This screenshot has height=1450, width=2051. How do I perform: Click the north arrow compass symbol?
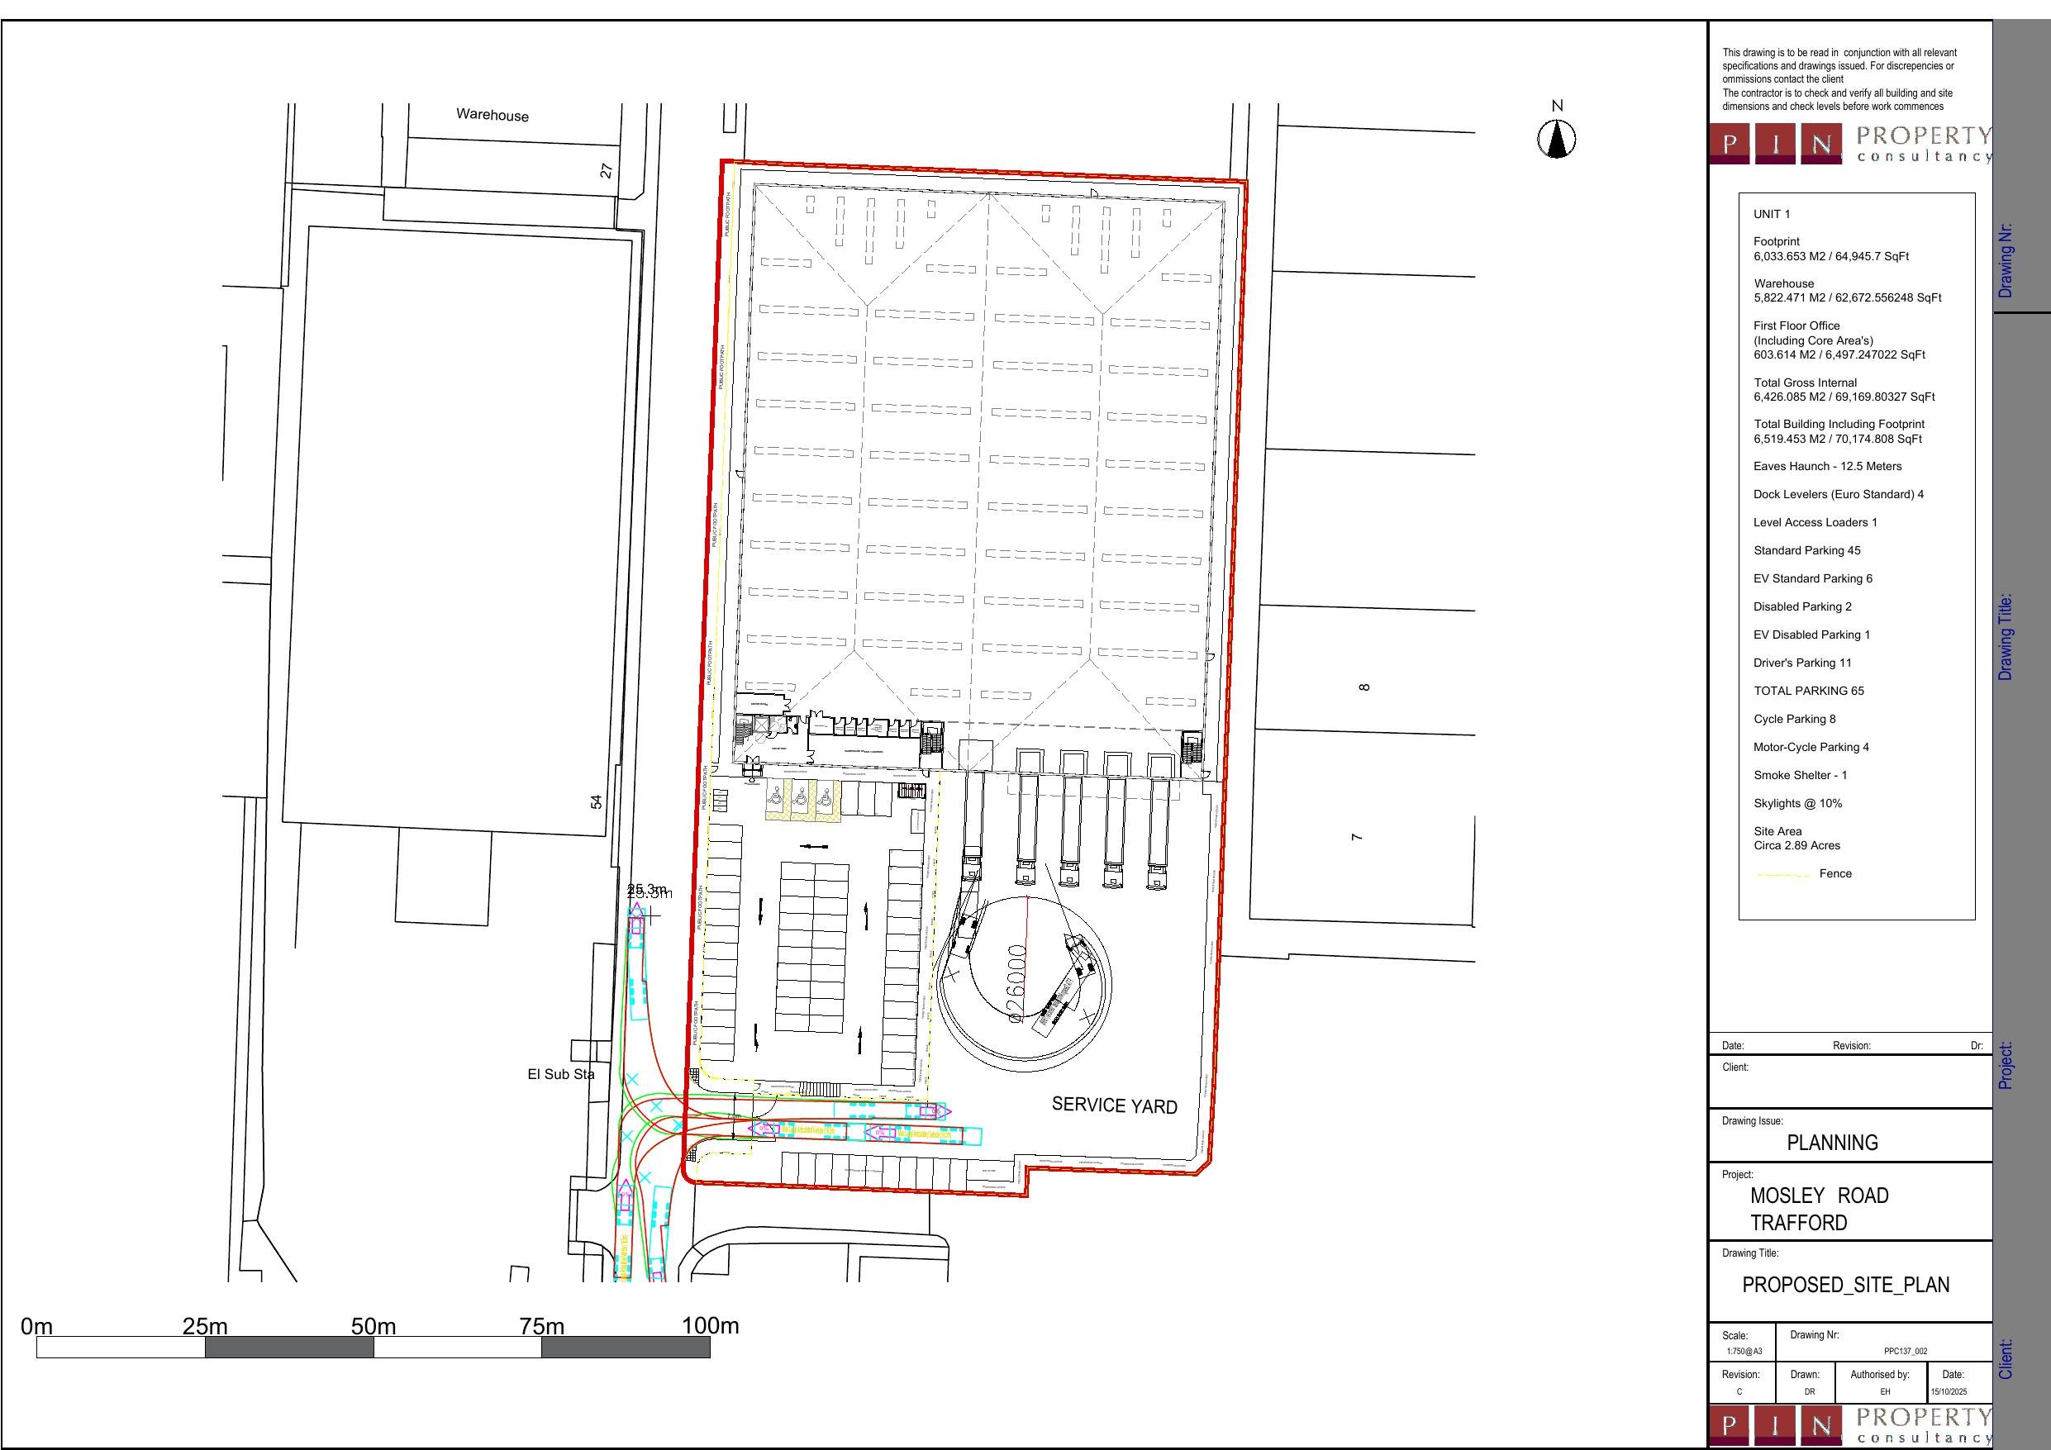1556,139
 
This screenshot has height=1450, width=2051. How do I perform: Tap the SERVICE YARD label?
1114,1105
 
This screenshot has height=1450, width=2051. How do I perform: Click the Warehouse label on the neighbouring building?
493,114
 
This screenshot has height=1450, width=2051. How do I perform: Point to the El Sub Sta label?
560,1074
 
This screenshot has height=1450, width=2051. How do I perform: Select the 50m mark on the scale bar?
374,1327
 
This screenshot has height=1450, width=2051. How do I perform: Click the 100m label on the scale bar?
710,1326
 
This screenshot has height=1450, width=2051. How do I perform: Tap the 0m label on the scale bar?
36,1327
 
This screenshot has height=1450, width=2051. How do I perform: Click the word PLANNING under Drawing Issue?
1832,1143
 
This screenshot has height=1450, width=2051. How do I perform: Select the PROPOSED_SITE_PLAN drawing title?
1845,1285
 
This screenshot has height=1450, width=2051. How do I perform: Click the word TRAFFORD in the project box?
1798,1223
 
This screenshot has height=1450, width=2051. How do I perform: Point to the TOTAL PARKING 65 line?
1808,691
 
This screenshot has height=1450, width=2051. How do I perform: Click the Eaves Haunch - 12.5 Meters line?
1827,466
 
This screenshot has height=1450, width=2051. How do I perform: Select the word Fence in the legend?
1834,874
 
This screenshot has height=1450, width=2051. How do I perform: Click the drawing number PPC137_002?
1906,1352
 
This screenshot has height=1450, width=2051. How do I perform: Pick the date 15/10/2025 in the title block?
1949,1392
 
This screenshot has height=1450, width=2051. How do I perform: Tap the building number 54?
596,802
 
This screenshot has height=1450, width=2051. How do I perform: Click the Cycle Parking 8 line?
1794,719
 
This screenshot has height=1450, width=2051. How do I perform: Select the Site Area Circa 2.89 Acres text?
1796,838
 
